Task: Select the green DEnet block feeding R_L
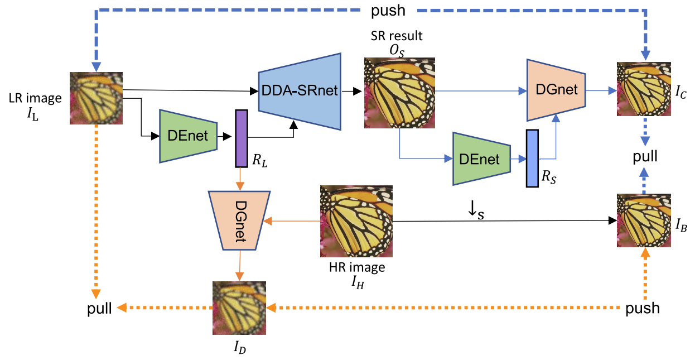188,136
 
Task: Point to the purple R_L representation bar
241,138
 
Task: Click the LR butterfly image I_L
96,98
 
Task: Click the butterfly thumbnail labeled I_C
643,89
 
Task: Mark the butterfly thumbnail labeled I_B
643,220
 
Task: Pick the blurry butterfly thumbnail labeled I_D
239,308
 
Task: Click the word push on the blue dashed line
389,10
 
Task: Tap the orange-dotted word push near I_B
643,308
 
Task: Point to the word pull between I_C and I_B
645,156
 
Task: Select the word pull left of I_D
100,308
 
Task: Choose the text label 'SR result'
397,36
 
